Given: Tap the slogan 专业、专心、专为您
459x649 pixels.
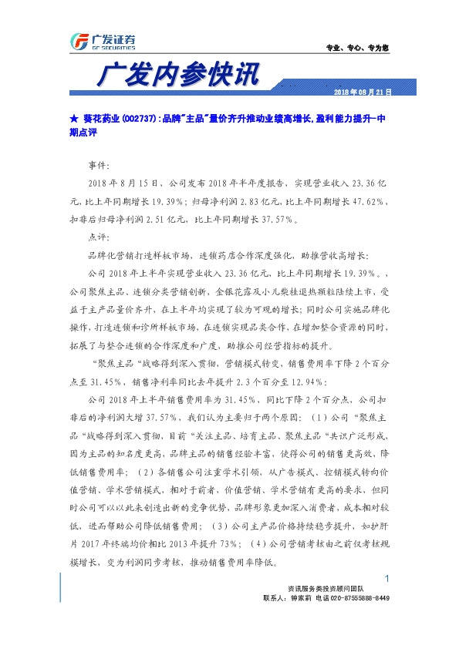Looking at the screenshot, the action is [358, 49].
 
